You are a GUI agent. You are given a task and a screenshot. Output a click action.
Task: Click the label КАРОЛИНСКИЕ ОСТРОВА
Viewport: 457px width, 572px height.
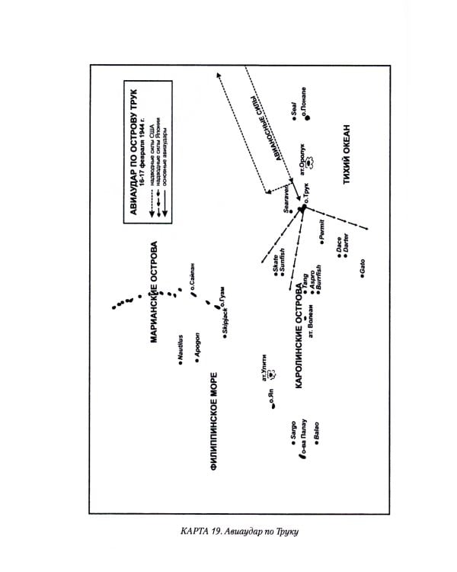point(299,336)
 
